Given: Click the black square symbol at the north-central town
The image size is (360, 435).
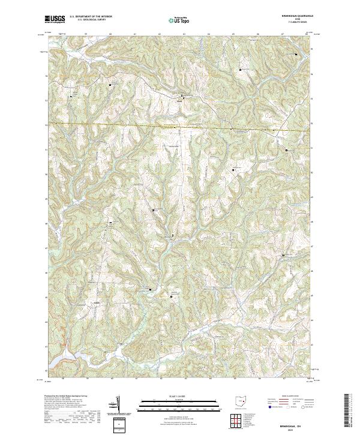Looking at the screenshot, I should pos(183,95).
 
